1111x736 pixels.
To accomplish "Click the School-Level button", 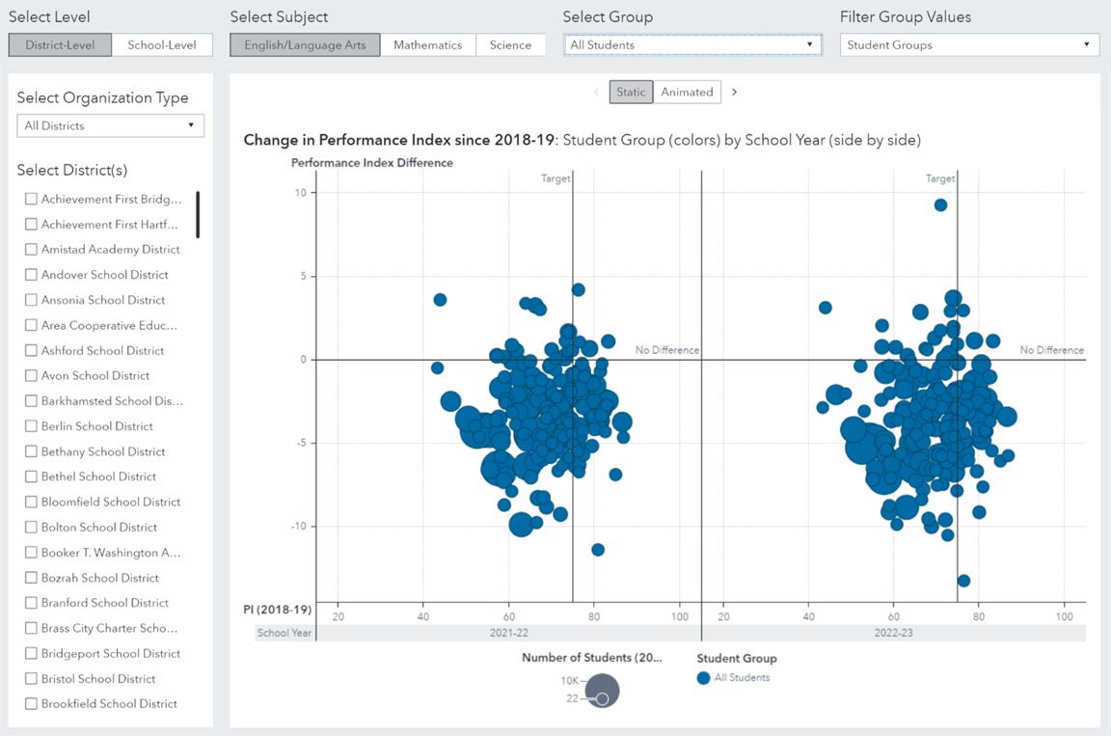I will (162, 45).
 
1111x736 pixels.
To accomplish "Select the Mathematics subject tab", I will (427, 45).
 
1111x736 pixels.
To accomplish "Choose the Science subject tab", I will (510, 45).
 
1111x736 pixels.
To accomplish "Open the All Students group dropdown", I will (692, 45).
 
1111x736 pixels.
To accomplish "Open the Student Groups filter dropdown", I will (969, 45).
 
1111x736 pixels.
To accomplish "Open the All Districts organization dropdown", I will (110, 125).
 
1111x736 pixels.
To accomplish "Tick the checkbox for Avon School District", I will (32, 375).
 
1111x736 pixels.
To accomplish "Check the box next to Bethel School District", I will (32, 477).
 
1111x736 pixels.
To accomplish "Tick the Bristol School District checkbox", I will (32, 678).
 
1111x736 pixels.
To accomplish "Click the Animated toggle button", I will (687, 92).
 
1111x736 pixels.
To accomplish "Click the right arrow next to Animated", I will (734, 92).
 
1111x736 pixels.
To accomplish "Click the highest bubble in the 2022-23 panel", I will (940, 204).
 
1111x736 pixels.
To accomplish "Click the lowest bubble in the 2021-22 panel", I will (598, 550).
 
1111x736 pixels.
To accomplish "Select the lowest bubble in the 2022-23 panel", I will (963, 581).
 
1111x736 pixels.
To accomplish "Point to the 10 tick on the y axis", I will (301, 193).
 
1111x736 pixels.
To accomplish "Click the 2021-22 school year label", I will (508, 633).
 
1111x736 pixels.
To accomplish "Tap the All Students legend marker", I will (703, 678).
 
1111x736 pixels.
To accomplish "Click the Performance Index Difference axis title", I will (372, 163).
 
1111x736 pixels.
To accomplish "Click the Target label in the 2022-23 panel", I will (940, 178).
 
